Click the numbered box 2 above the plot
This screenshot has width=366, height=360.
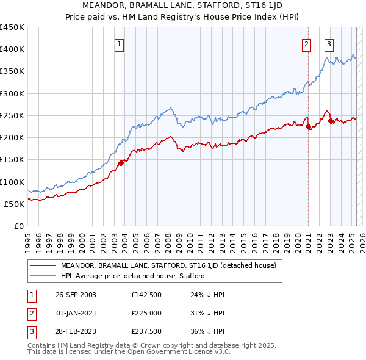306,44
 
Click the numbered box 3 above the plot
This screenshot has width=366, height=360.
329,44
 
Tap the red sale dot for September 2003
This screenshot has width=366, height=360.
121,162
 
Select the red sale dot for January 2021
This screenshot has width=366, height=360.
309,127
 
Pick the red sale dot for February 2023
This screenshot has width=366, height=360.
331,121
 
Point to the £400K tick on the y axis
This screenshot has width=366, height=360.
12,49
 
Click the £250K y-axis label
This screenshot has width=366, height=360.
12,115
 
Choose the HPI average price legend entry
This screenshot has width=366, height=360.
132,276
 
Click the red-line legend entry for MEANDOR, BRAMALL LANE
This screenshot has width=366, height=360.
168,265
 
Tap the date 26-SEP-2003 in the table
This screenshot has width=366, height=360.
76,295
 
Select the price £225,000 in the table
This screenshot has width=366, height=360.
146,313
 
